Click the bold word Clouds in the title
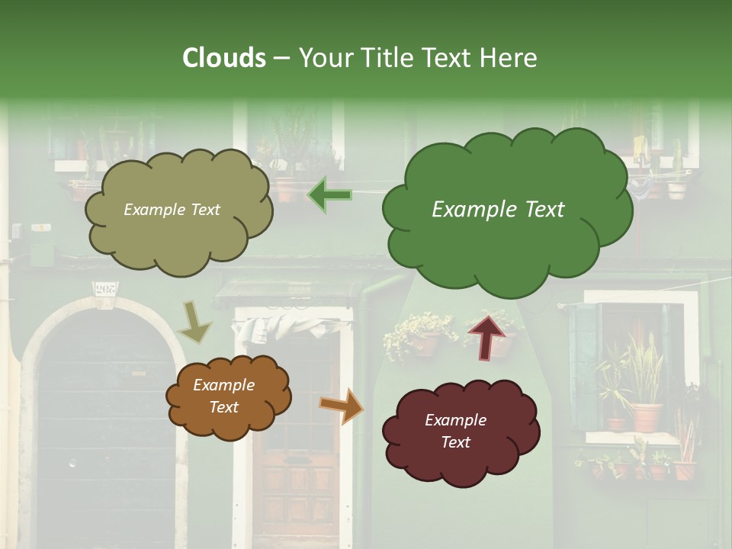tap(224, 58)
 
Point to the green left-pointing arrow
tap(329, 195)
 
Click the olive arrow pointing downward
tap(194, 323)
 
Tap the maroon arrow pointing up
tap(486, 336)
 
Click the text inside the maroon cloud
tap(455, 431)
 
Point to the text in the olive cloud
tap(172, 210)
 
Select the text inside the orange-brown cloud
tap(223, 396)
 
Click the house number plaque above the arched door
tap(105, 290)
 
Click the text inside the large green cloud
tap(498, 210)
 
